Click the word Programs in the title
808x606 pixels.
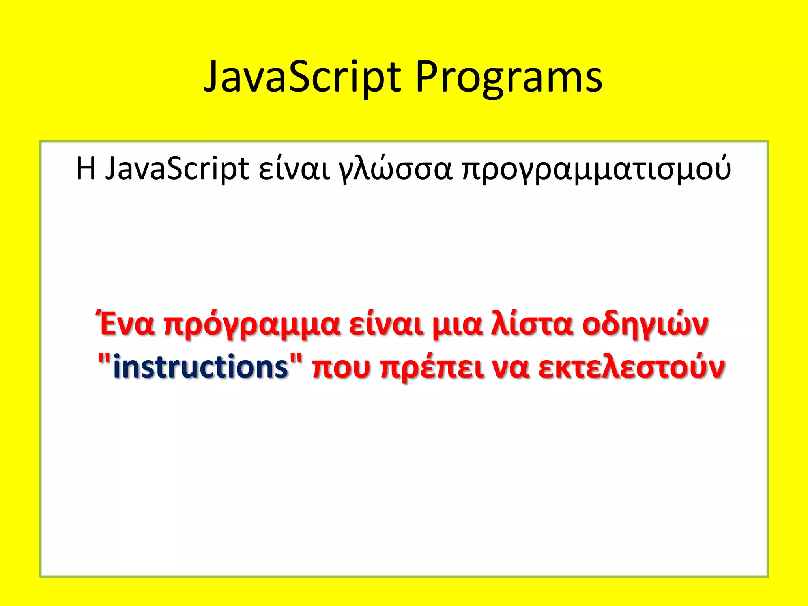tap(509, 77)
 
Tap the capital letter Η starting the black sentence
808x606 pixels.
tap(86, 168)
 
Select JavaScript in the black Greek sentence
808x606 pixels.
tap(177, 169)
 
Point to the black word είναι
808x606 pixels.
tap(294, 169)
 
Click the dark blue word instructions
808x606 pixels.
tap(200, 367)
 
